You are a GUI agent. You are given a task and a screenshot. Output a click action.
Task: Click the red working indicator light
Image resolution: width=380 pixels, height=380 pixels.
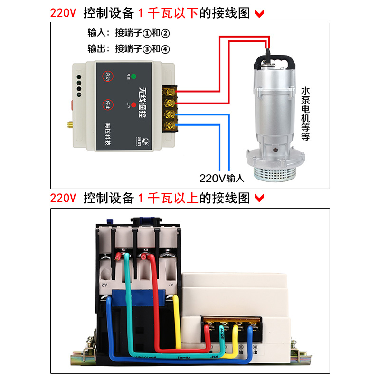(133, 104)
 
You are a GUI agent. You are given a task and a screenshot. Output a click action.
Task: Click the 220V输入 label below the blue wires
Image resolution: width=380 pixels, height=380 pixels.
(221, 179)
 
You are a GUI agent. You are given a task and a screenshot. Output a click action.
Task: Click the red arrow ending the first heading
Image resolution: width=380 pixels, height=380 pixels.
(259, 13)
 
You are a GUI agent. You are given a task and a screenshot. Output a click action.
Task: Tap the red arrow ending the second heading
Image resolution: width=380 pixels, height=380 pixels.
(259, 198)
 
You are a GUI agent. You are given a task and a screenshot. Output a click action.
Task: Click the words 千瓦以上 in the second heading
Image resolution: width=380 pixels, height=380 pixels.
(172, 198)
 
